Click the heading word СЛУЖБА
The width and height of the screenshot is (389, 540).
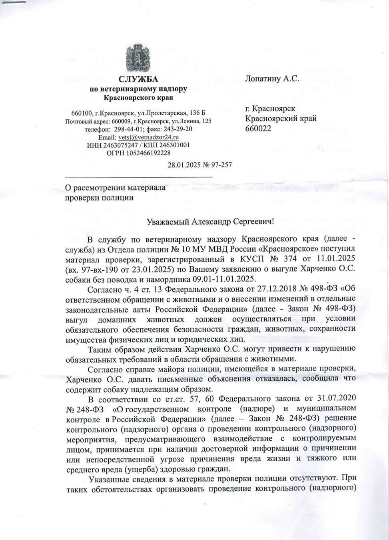[138, 79]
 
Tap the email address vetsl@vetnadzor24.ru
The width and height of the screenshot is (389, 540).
[149, 137]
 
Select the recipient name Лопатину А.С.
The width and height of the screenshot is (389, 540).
[271, 79]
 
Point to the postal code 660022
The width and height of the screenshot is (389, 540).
[258, 129]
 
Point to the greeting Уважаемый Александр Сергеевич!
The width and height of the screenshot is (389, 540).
[210, 221]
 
